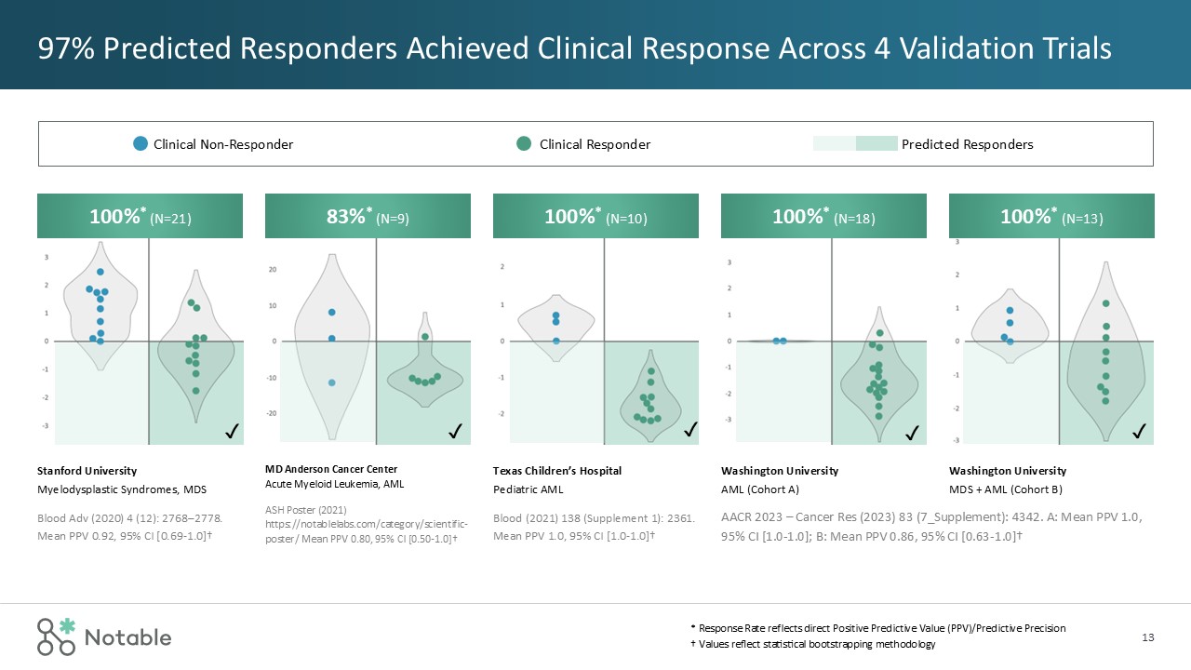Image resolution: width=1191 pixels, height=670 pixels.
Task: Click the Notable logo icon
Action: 56,636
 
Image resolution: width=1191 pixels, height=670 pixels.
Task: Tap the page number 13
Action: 1147,637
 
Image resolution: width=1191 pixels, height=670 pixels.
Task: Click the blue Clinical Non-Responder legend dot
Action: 141,144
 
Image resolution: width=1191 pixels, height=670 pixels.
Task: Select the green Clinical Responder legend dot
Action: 524,144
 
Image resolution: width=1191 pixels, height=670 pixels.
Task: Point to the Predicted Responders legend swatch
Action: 855,144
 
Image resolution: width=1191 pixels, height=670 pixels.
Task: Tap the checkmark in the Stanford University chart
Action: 232,431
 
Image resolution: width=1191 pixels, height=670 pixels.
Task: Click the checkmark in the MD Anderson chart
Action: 456,431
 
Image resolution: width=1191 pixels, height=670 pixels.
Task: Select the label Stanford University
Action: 87,471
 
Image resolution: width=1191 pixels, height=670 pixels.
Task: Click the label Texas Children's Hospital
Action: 556,471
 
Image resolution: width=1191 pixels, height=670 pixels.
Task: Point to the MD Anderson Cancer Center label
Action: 331,468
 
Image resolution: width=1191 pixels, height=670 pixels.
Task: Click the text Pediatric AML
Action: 528,489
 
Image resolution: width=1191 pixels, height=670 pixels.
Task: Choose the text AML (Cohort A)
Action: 760,489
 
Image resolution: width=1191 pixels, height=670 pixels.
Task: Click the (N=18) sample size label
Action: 854,219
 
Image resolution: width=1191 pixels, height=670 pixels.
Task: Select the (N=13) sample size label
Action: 1082,219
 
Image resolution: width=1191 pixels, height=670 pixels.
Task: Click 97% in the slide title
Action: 64,47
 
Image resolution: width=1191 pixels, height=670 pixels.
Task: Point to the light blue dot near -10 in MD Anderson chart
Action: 332,382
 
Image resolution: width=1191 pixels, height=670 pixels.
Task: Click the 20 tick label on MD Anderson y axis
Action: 274,270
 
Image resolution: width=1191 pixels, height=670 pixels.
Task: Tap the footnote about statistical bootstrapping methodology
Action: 807,645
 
